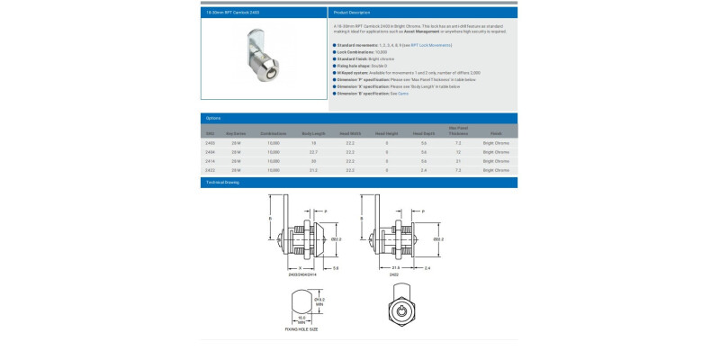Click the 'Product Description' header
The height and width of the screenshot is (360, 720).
point(352,13)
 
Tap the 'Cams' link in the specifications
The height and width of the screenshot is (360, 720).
point(403,94)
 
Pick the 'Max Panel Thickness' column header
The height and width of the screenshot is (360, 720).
point(457,130)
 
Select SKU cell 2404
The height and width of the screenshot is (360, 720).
point(211,151)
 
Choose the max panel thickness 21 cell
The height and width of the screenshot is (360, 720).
point(458,160)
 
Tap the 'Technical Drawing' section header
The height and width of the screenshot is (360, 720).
point(223,182)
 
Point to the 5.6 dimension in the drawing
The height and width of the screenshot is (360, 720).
point(335,269)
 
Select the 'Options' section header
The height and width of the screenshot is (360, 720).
point(213,118)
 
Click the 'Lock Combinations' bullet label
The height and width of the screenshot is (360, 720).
point(356,52)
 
